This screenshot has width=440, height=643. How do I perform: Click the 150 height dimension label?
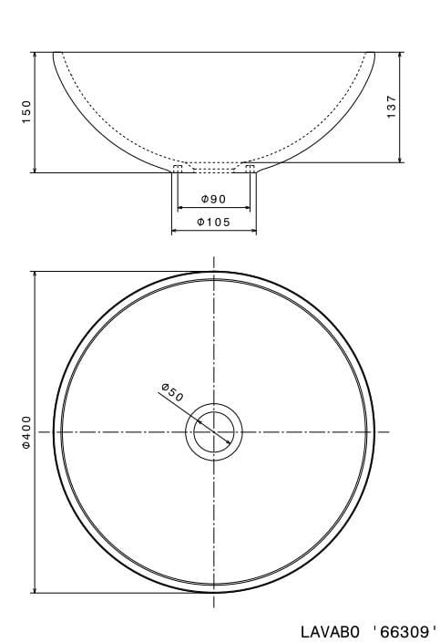27,111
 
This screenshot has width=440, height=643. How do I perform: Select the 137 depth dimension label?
391,107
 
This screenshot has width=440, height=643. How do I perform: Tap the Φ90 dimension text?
213,199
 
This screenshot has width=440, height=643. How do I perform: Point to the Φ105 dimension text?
213,222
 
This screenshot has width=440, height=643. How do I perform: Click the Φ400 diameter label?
27,430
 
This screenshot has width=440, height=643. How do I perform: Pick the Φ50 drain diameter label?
172,393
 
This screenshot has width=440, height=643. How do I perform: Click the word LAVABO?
333,629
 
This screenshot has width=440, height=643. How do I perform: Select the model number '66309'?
405,629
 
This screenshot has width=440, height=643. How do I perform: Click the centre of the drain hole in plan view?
214,431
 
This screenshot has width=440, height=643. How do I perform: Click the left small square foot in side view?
179,168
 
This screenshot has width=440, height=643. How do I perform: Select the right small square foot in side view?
249,168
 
